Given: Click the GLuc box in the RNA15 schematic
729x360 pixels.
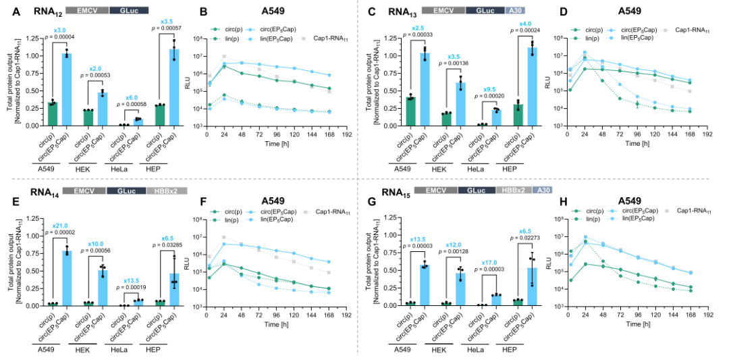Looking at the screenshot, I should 477,192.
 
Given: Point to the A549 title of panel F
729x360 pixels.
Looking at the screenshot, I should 273,201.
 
